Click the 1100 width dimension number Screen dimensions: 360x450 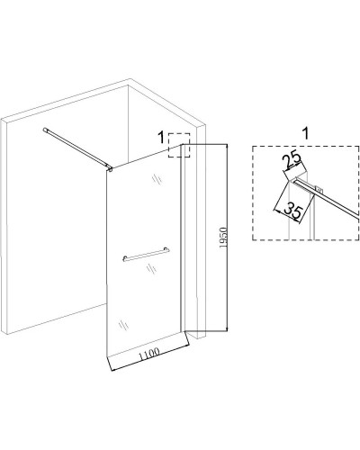[148, 354]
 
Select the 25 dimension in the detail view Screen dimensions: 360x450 [292, 160]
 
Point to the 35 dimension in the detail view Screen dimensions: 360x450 [292, 210]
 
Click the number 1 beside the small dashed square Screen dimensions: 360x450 [161, 138]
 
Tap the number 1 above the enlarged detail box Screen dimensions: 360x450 [305, 133]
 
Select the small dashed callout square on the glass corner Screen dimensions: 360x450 [179, 145]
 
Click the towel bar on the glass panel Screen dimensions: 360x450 [146, 255]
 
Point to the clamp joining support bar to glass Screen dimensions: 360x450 [111, 170]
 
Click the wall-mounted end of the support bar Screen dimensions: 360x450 [46, 130]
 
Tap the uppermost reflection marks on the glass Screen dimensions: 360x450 [157, 179]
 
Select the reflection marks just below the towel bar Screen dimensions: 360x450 [152, 268]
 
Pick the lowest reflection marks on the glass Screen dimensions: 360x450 [123, 325]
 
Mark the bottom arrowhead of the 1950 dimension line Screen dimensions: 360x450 [227, 328]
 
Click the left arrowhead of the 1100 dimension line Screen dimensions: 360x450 [113, 369]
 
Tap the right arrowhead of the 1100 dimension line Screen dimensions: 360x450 [187, 346]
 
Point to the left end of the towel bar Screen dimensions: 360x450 [124, 258]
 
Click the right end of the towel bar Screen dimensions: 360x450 [167, 250]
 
